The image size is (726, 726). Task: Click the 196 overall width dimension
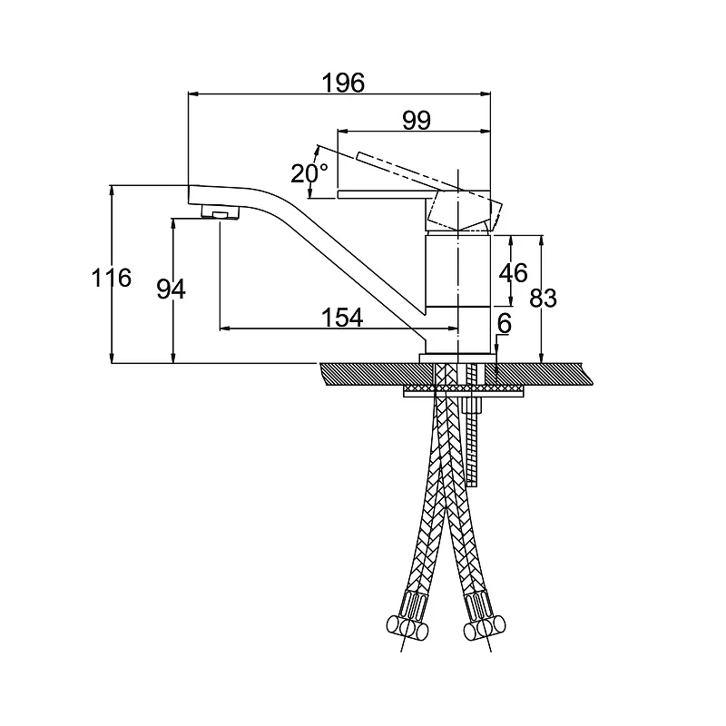(343, 83)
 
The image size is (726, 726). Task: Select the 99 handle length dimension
(417, 121)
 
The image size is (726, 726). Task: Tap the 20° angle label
(309, 173)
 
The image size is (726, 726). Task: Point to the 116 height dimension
(111, 278)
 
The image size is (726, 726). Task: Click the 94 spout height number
(171, 289)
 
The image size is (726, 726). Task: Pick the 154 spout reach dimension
(342, 318)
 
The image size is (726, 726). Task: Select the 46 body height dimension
(513, 273)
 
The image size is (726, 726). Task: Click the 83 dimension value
(543, 299)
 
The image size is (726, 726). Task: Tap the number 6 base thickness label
(505, 323)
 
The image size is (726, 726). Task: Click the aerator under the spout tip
(221, 213)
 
